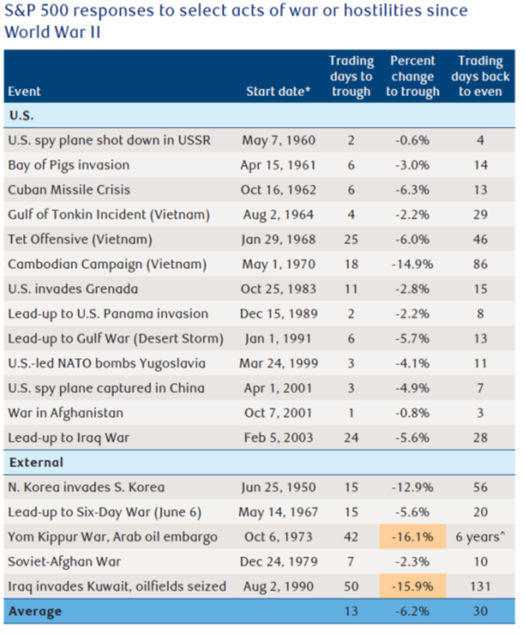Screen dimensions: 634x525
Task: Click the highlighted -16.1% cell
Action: (x=413, y=537)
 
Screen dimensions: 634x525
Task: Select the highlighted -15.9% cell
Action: (x=413, y=585)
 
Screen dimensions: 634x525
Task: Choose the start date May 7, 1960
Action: (x=279, y=140)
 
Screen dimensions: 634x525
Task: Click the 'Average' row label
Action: (x=35, y=611)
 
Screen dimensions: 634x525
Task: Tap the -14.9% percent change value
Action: (x=413, y=264)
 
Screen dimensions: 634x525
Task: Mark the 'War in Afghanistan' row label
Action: (x=66, y=413)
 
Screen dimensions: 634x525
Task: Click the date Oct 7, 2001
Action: (x=279, y=413)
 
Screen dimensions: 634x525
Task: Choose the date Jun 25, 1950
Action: (x=279, y=488)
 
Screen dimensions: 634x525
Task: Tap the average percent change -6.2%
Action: (x=413, y=611)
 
